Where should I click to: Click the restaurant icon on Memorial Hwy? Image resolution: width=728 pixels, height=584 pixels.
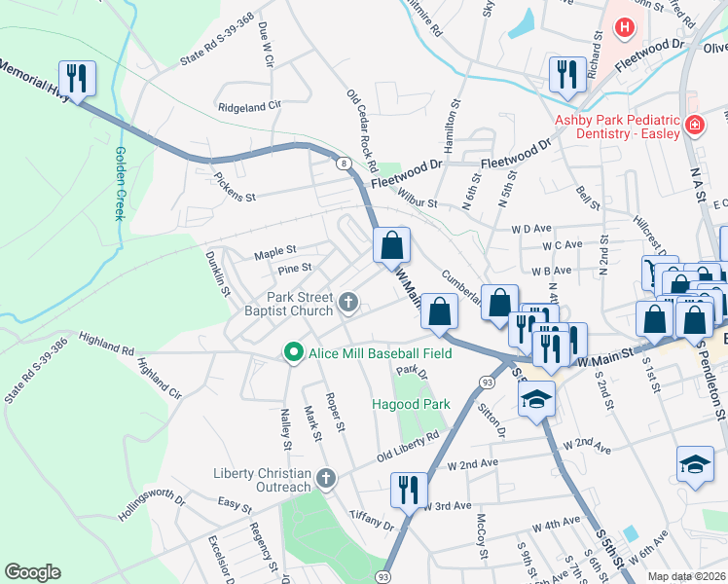[76, 78]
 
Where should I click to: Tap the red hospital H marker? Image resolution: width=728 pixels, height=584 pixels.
[624, 28]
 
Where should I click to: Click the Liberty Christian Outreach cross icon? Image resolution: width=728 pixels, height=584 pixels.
[326, 479]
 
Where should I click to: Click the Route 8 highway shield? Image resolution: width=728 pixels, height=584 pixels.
[345, 164]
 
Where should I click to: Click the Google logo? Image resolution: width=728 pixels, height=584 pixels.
[32, 572]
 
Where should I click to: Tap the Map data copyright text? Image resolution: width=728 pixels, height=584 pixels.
[687, 576]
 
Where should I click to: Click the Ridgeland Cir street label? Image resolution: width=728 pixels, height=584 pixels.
[248, 105]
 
